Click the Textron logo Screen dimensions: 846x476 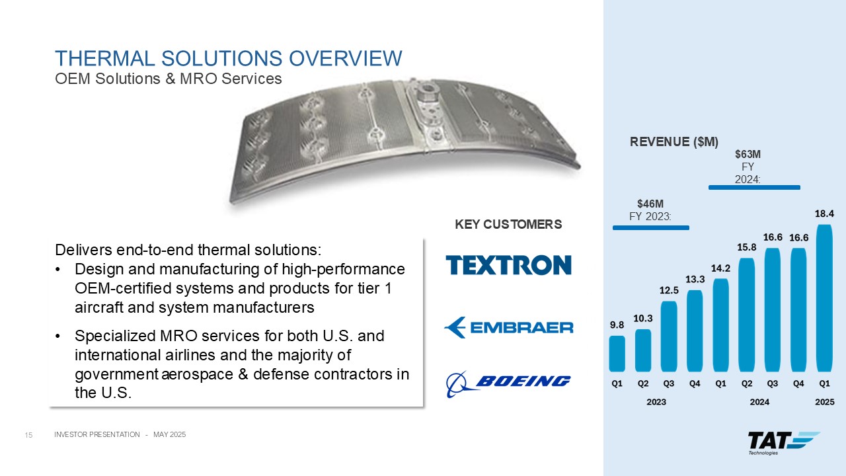[x=508, y=265]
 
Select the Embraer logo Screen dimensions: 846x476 [x=508, y=327]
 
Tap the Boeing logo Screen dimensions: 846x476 [x=508, y=384]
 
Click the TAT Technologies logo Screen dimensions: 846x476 [x=784, y=443]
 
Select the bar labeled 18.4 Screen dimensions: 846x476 [x=824, y=298]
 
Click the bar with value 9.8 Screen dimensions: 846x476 [x=617, y=354]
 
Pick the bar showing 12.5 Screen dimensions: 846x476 [x=669, y=337]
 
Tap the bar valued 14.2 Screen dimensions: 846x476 [x=720, y=325]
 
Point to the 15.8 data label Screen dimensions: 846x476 [x=747, y=247]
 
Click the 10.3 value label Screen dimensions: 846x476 [x=643, y=319]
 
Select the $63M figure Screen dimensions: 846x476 [x=748, y=154]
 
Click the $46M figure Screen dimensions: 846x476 [x=650, y=204]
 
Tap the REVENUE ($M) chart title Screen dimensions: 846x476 [x=674, y=141]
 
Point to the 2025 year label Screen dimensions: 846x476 [x=824, y=402]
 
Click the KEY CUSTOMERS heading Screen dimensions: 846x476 [x=508, y=224]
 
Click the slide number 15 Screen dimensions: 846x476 [x=28, y=435]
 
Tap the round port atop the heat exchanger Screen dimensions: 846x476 [x=427, y=89]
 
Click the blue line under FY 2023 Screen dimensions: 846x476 [x=651, y=228]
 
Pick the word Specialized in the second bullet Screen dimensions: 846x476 [x=115, y=337]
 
